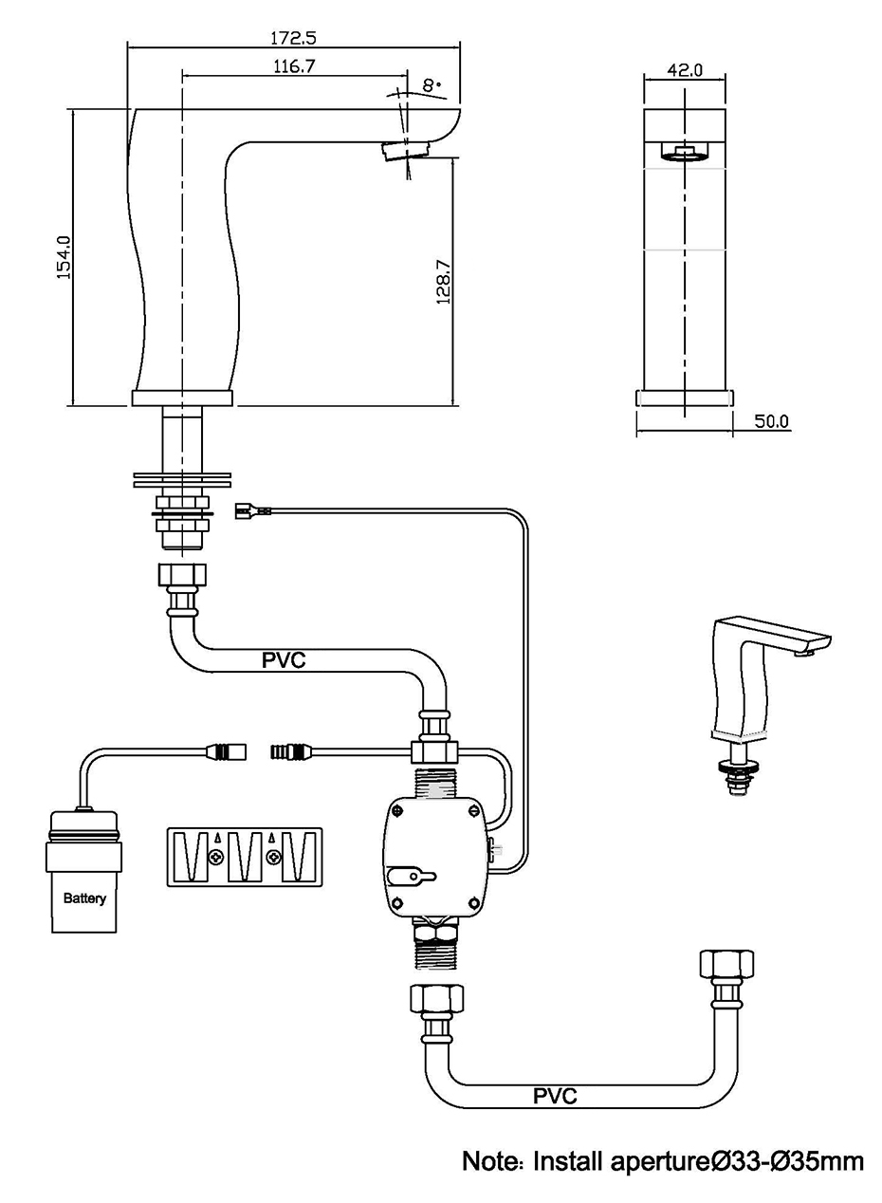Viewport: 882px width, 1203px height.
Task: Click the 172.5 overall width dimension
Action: point(293,38)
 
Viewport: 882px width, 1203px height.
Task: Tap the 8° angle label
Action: point(433,85)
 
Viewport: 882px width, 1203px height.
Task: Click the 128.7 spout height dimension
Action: point(442,280)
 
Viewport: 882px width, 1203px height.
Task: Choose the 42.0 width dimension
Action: point(685,69)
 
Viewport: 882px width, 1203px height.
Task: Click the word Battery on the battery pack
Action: point(84,898)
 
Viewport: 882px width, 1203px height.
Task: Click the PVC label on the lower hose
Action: point(555,1097)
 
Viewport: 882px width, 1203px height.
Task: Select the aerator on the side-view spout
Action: point(406,150)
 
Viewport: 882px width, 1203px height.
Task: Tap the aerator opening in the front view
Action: point(685,152)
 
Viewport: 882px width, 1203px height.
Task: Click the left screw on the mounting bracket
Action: point(217,857)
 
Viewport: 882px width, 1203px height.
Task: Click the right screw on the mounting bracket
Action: point(274,857)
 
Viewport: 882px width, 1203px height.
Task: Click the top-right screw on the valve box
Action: point(472,811)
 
